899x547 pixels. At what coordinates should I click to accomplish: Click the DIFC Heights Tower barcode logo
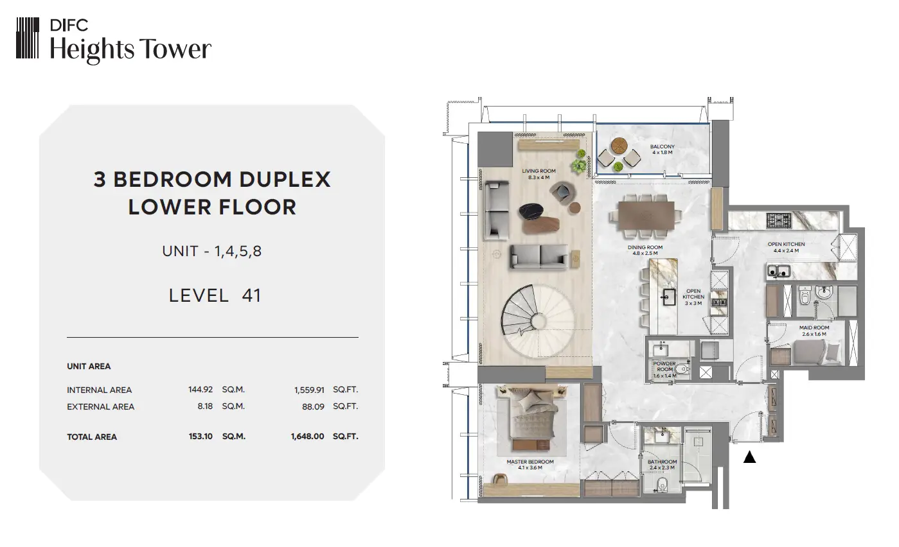(x=27, y=38)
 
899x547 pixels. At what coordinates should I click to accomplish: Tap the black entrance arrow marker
(x=749, y=456)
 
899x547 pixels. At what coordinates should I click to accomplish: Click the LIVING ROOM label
(x=539, y=171)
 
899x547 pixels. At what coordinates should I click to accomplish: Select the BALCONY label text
(x=663, y=146)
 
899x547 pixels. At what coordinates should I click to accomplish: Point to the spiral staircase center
(x=539, y=321)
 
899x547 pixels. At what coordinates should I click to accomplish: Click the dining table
(x=646, y=215)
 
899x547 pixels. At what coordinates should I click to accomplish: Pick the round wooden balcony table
(x=619, y=146)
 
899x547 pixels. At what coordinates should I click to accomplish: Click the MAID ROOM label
(x=814, y=327)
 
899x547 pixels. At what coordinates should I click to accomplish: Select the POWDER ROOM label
(x=664, y=367)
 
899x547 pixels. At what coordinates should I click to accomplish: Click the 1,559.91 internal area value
(x=309, y=390)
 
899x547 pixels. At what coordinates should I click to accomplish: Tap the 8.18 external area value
(x=205, y=406)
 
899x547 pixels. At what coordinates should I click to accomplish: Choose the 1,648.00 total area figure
(x=307, y=437)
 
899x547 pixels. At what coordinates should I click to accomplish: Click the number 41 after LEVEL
(x=252, y=296)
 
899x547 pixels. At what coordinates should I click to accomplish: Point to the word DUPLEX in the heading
(x=285, y=179)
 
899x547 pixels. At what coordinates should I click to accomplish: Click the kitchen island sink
(x=669, y=297)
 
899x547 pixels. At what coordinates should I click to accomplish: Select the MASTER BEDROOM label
(x=530, y=462)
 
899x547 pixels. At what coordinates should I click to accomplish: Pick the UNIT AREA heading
(x=89, y=366)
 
